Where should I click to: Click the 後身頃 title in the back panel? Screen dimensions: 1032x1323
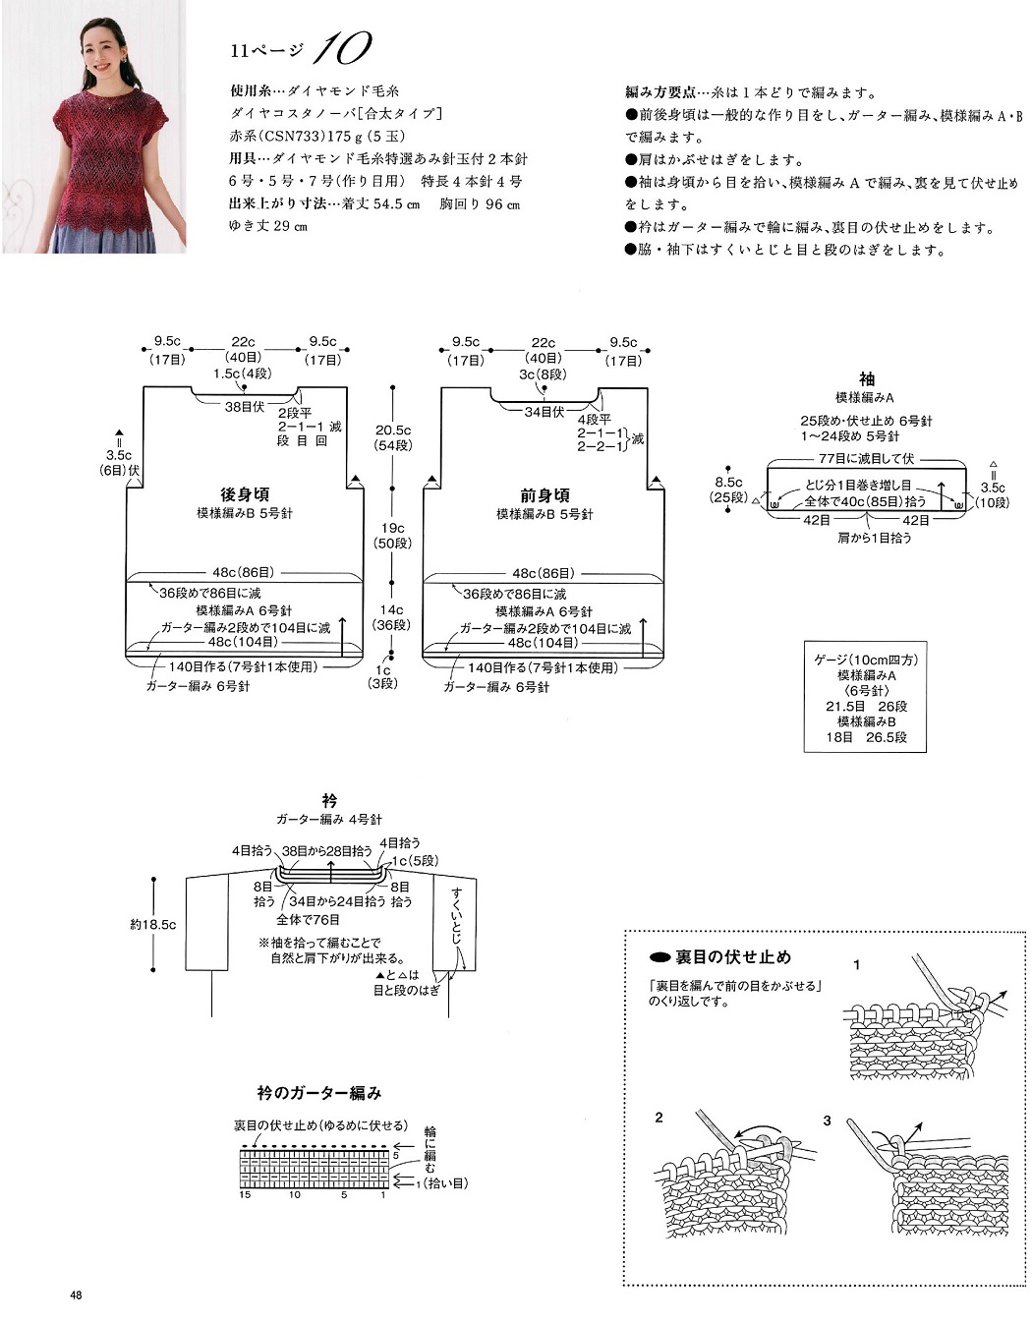point(245,493)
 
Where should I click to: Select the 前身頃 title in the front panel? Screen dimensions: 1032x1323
point(545,495)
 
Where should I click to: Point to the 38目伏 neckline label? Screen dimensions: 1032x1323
point(245,407)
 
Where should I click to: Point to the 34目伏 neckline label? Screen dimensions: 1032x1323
point(544,412)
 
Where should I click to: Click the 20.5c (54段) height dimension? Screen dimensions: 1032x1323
point(393,437)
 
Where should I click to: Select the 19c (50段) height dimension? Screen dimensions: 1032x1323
point(393,535)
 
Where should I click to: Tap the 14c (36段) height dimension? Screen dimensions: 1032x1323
point(392,616)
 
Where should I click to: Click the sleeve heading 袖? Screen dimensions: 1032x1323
point(866,379)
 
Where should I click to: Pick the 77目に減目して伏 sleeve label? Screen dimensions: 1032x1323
point(866,459)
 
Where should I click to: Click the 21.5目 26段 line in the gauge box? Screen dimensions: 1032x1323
point(866,706)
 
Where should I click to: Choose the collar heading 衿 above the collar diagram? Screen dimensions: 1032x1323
point(329,801)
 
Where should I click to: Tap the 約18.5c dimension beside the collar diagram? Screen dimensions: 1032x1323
point(153,924)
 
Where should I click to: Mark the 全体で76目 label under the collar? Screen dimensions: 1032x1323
point(308,919)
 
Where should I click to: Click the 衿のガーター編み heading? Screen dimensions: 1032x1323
point(319,1093)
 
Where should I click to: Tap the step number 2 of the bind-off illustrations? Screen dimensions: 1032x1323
point(659,1118)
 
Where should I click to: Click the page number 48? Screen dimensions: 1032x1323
point(76,1295)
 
